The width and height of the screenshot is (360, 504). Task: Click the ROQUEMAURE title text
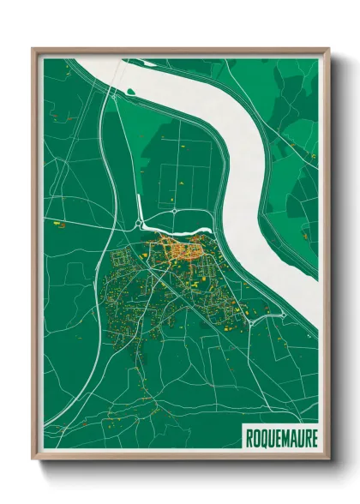click(x=282, y=437)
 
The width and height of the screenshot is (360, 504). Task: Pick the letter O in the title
click(x=255, y=437)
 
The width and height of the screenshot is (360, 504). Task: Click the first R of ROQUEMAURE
click(x=249, y=437)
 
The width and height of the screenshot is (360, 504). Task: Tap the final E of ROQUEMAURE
click(x=315, y=437)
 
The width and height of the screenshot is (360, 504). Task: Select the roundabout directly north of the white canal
click(x=174, y=210)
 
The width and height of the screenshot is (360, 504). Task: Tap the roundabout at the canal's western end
click(x=138, y=225)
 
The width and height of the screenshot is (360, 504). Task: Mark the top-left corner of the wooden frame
click(x=33, y=49)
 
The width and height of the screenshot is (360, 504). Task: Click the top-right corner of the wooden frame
click(x=329, y=49)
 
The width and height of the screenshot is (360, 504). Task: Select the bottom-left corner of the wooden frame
click(x=33, y=459)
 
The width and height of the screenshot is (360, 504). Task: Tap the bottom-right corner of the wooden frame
click(x=329, y=459)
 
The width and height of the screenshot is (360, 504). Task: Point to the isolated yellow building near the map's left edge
click(x=59, y=224)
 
